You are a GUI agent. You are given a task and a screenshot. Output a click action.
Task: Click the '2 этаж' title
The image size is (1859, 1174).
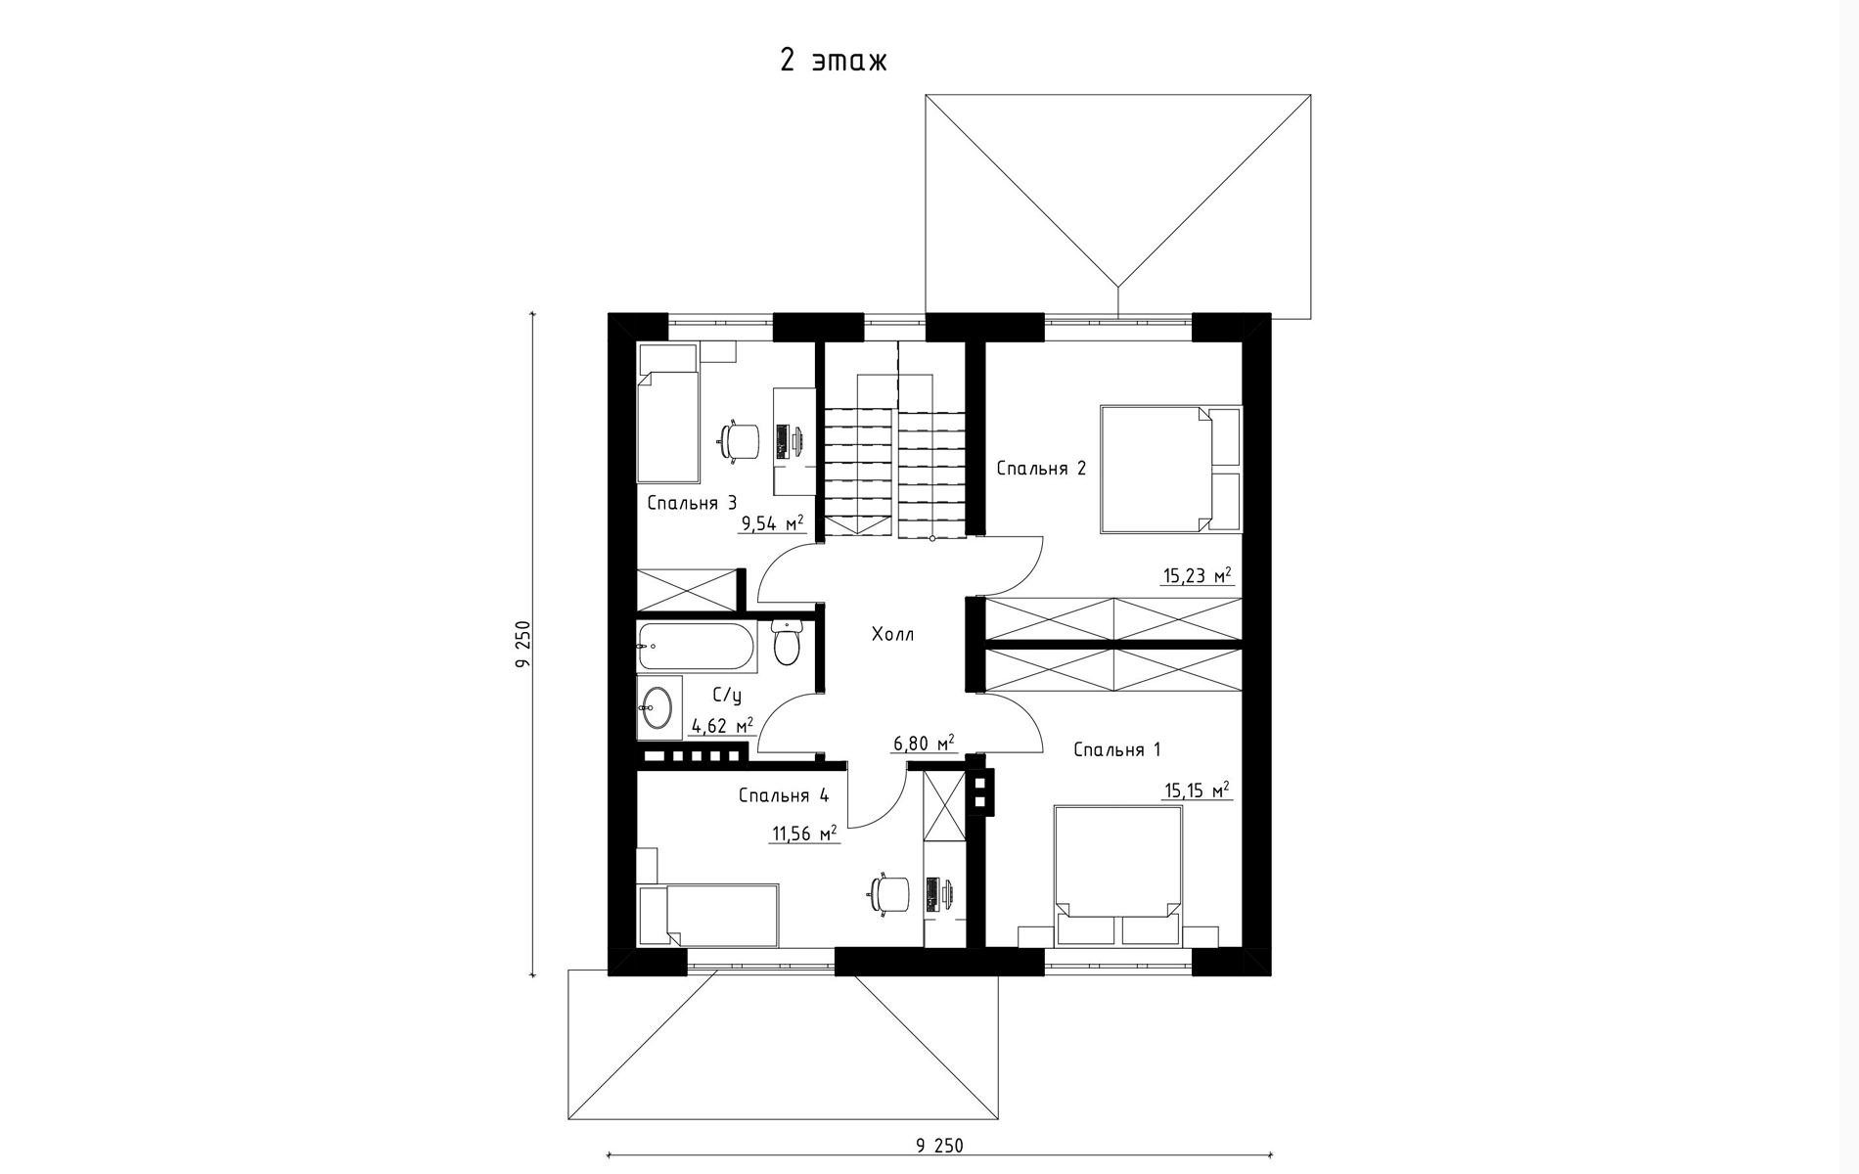(834, 61)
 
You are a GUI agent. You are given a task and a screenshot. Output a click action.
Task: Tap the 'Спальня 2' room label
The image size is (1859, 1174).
(1041, 469)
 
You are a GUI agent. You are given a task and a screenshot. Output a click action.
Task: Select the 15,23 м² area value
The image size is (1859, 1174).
(1197, 576)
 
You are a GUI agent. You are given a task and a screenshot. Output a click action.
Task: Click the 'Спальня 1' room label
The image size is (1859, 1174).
(1116, 750)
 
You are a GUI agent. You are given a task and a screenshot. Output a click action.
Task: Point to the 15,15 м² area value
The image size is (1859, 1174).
(1197, 790)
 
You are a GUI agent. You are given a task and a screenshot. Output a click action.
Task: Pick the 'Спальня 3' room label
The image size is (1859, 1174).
(692, 504)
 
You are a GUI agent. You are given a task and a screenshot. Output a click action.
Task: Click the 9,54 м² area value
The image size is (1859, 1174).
(773, 523)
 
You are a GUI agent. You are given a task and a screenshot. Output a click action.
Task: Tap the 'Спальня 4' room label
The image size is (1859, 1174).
(783, 795)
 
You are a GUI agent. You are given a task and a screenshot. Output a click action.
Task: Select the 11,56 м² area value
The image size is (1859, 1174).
(804, 835)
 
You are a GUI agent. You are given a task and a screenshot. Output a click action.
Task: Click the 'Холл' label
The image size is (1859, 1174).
(892, 635)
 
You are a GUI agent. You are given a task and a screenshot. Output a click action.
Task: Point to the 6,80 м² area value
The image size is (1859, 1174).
(923, 745)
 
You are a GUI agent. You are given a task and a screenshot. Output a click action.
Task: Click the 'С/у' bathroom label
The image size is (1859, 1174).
(727, 696)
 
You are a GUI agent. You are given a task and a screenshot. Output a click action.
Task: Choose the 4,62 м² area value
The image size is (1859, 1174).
(722, 726)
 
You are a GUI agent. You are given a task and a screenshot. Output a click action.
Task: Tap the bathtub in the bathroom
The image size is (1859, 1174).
(697, 647)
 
